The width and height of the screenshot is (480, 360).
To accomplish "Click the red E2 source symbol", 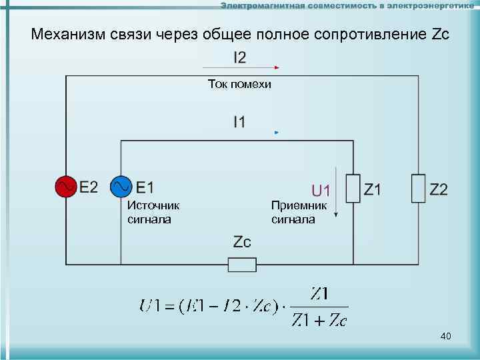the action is pyautogui.click(x=66, y=187).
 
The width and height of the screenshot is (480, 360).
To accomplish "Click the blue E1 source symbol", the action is pyautogui.click(x=121, y=187).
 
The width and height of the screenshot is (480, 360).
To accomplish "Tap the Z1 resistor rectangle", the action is pyautogui.click(x=353, y=189).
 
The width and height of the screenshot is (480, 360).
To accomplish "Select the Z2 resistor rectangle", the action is pyautogui.click(x=418, y=189).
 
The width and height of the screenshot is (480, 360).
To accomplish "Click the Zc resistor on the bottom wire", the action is pyautogui.click(x=242, y=265).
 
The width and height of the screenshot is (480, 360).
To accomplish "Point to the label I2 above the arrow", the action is pyautogui.click(x=239, y=58).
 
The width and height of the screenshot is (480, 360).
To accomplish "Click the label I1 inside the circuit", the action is pyautogui.click(x=239, y=122).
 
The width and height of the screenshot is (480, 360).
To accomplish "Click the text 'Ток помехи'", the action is pyautogui.click(x=239, y=85).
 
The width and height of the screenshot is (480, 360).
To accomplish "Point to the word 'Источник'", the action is pyautogui.click(x=153, y=206).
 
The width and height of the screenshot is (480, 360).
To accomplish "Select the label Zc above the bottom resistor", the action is pyautogui.click(x=242, y=242).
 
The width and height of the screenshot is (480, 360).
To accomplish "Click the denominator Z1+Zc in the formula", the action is pyautogui.click(x=319, y=321).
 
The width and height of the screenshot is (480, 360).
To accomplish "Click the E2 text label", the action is pyautogui.click(x=89, y=187).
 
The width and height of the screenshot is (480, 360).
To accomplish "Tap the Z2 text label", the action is pyautogui.click(x=439, y=189).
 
